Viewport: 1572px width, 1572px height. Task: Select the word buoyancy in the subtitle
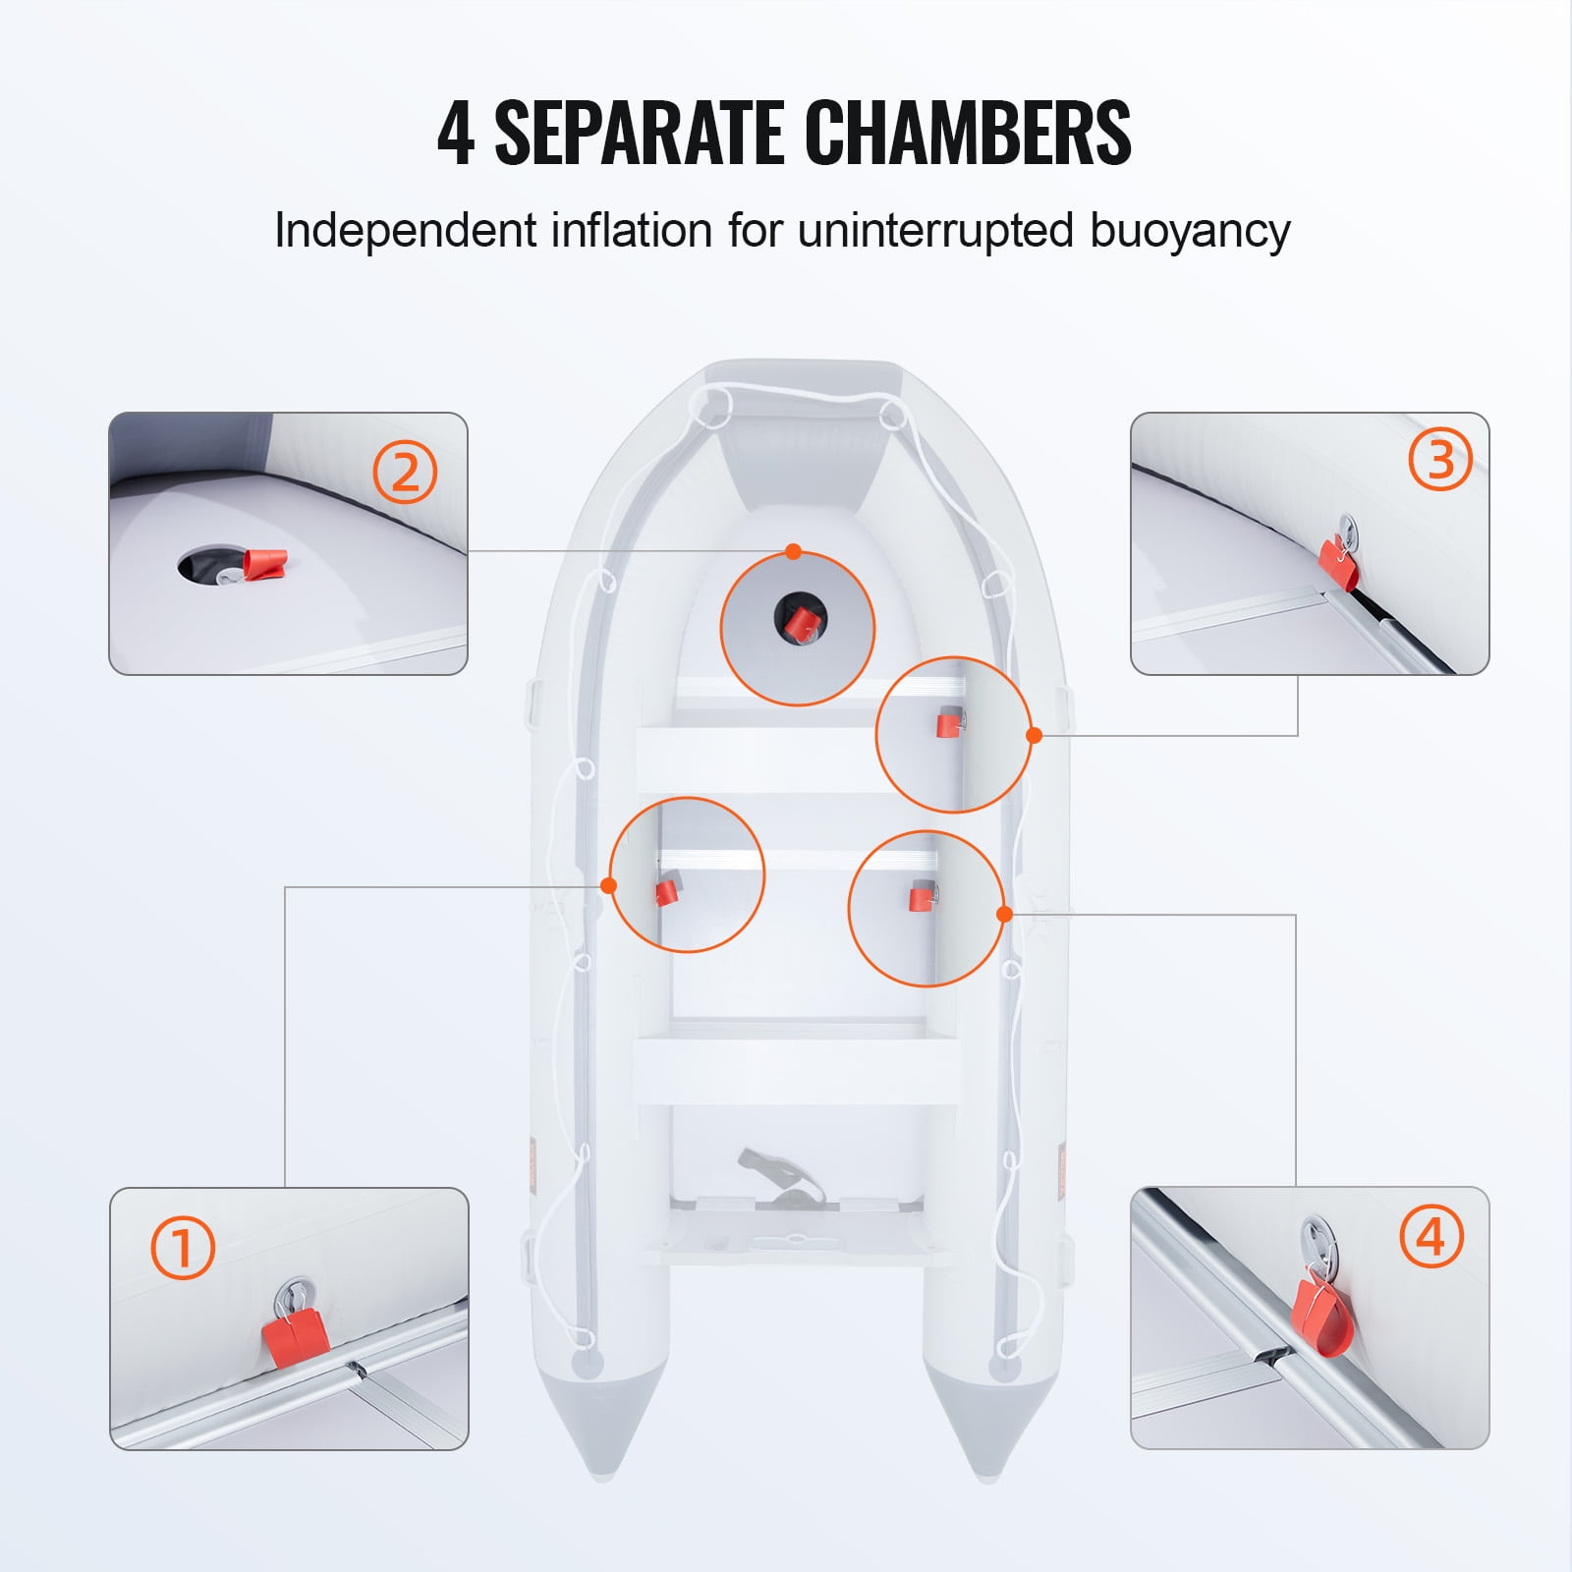[x=1190, y=233]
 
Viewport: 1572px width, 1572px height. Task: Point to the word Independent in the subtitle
[x=406, y=230]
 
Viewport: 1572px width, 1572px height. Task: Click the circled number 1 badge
[x=183, y=1247]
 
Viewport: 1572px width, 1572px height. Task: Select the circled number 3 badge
[x=1440, y=459]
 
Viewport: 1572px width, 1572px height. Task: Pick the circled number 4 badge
[x=1432, y=1235]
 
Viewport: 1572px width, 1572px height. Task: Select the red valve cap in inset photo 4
[x=1322, y=1313]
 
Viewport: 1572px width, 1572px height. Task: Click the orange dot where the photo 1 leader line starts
[x=608, y=885]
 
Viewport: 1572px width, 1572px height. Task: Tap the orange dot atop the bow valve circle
[x=794, y=551]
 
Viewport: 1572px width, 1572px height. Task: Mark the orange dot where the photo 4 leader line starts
[x=1004, y=914]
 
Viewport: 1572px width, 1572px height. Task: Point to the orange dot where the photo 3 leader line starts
[x=1034, y=735]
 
